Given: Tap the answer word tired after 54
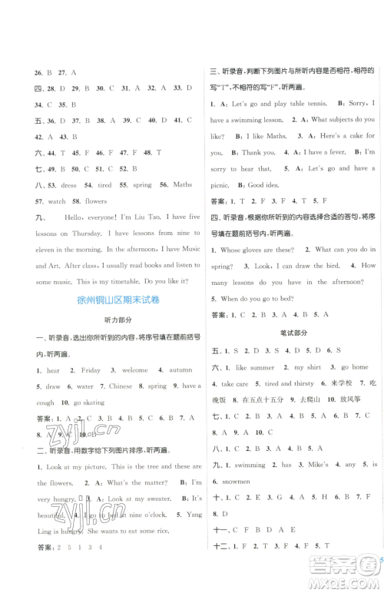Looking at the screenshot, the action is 104,185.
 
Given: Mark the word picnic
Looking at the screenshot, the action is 220,185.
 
